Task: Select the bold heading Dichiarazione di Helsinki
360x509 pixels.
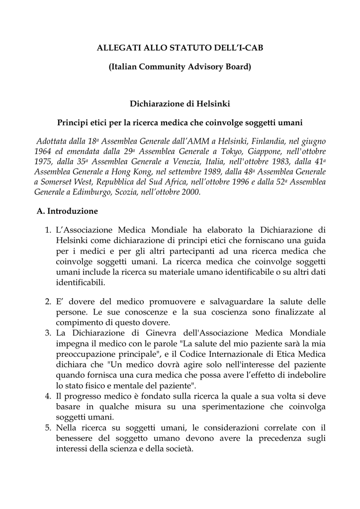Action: (180, 104)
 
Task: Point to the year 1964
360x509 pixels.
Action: (43, 151)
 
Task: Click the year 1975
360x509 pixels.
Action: (43, 162)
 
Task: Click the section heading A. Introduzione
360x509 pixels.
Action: (67, 211)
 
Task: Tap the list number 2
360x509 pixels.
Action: (48, 302)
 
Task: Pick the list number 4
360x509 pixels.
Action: (48, 396)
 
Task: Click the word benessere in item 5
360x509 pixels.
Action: (79, 438)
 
